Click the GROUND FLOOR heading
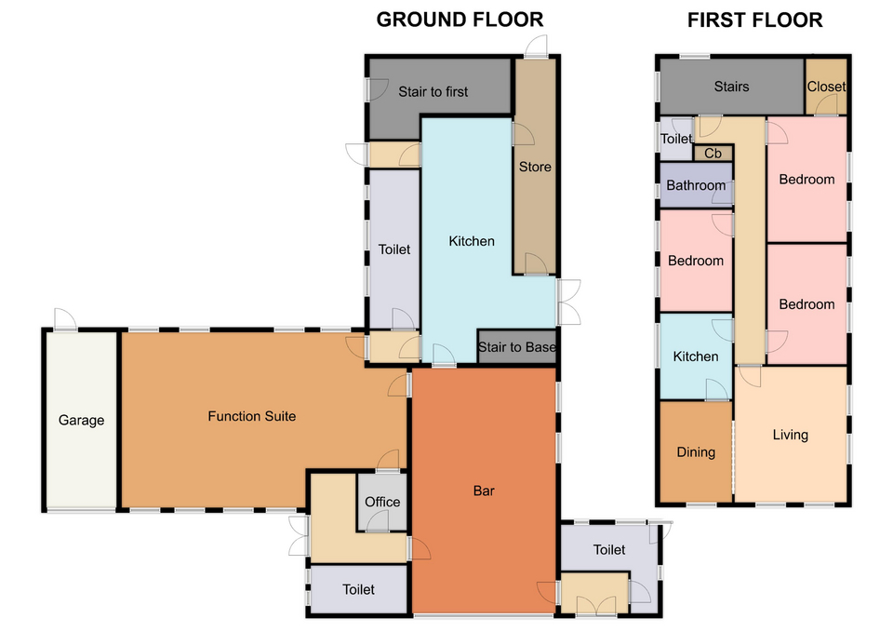coord(460,20)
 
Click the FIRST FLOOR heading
coord(754,20)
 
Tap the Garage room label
coord(82,421)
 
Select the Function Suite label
coord(252,416)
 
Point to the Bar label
coord(484,491)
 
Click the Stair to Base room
coord(516,346)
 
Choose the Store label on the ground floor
coord(535,167)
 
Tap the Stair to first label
coord(433,92)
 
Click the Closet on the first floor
coord(826,87)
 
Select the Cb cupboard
coord(713,154)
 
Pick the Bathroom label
coord(696,185)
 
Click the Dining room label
coord(696,452)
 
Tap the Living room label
coord(790,435)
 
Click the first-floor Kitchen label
coord(696,356)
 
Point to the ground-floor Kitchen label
coord(472,241)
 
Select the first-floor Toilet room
coord(676,139)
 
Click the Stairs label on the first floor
coord(731,87)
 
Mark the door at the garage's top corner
coord(65,319)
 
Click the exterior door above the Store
coord(536,47)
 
